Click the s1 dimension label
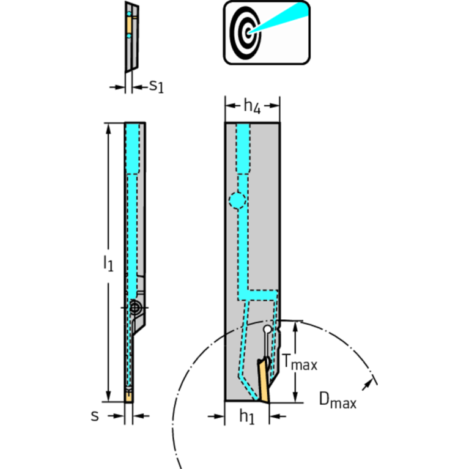click(157, 86)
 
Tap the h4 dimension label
click(252, 106)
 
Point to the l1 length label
click(108, 264)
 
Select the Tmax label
click(300, 364)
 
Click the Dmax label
click(338, 401)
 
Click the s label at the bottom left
click(95, 416)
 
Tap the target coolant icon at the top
click(266, 32)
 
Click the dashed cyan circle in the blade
click(237, 199)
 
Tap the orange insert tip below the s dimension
click(128, 396)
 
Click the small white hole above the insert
click(267, 330)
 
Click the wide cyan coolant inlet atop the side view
click(133, 147)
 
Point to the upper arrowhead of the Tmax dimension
click(295, 325)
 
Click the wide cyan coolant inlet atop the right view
click(243, 147)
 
